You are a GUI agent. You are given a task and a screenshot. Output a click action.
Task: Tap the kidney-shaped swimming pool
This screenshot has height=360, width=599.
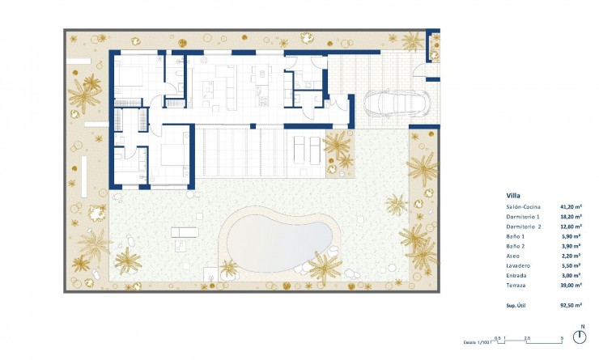279,236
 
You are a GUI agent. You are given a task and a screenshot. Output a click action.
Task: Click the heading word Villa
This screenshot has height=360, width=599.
512,196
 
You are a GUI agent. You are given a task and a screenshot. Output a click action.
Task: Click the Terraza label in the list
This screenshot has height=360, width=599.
516,286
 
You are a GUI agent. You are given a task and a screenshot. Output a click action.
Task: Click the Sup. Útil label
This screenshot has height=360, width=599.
519,307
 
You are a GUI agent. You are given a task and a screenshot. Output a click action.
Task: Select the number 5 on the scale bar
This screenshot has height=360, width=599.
562,337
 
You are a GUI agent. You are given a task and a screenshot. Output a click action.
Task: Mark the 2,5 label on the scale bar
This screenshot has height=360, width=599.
527,337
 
